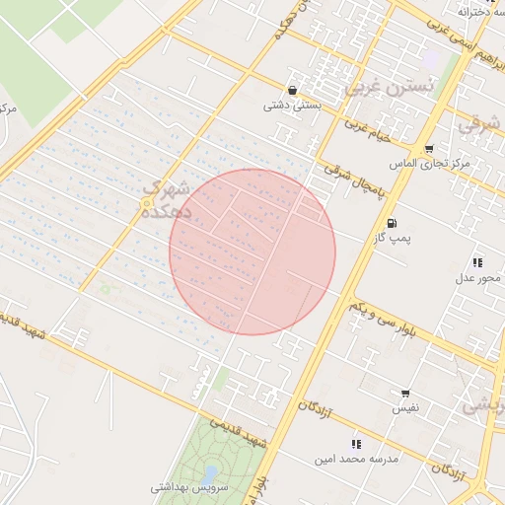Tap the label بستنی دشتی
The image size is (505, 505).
click(x=291, y=105)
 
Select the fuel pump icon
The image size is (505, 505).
click(x=395, y=223)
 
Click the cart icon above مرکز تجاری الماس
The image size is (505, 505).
click(x=429, y=149)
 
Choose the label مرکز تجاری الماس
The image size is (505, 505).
click(x=429, y=163)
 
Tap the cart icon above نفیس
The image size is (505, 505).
click(x=406, y=393)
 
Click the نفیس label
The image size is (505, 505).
click(x=406, y=407)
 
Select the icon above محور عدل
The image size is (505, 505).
click(x=477, y=262)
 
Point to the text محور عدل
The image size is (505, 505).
click(x=477, y=277)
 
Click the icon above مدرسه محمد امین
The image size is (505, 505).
click(x=356, y=444)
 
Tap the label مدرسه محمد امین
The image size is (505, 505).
click(x=355, y=459)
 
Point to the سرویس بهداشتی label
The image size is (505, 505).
click(x=190, y=487)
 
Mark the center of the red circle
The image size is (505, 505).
click(x=252, y=252)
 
